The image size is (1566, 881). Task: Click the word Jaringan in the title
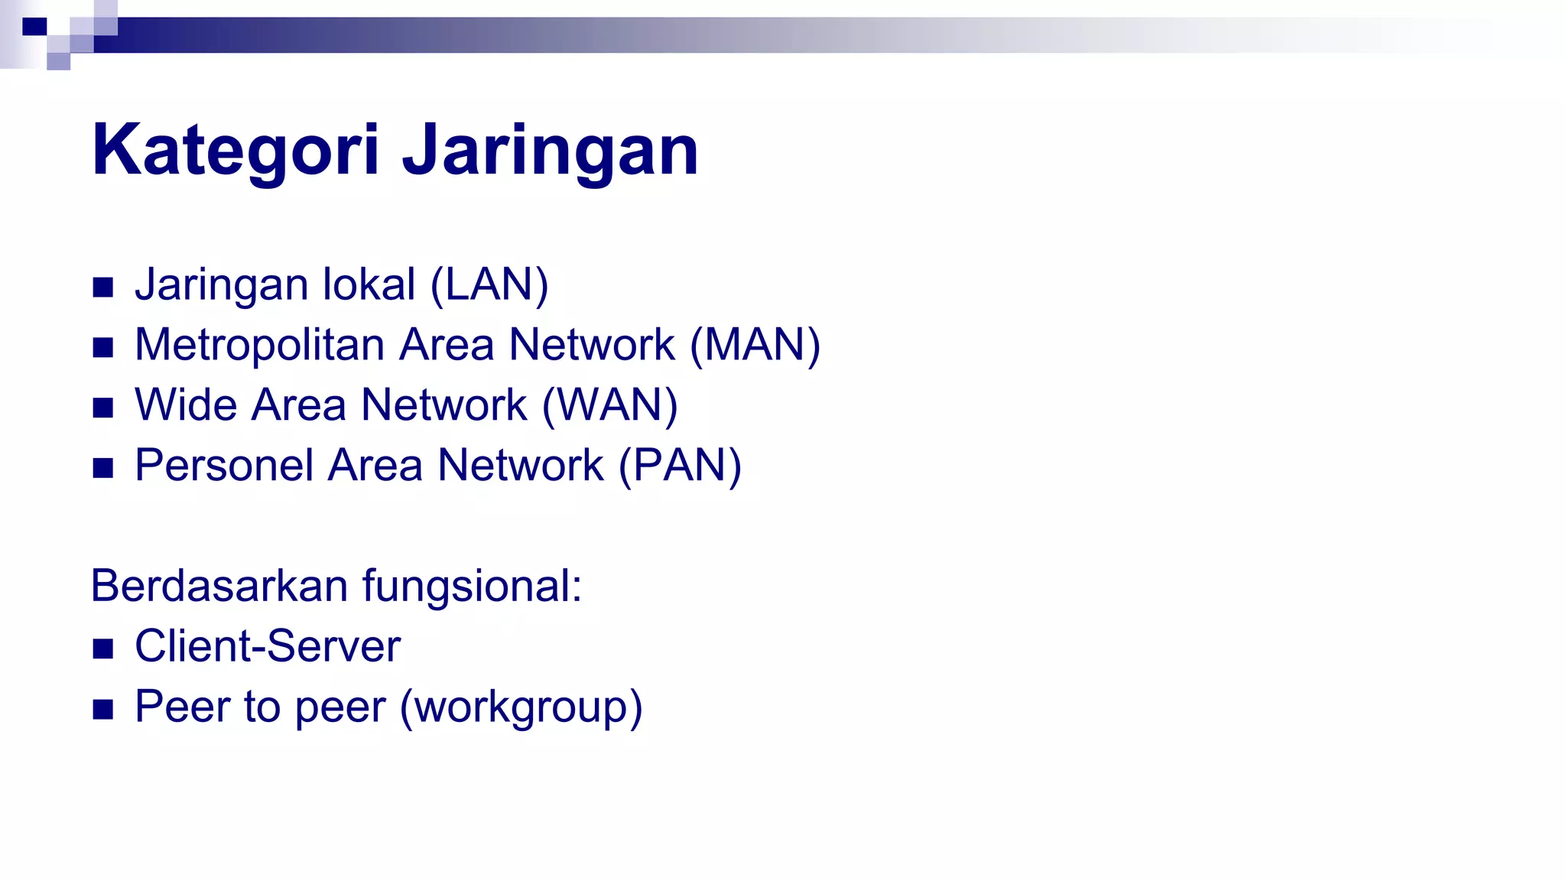551,150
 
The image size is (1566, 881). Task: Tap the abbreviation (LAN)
489,284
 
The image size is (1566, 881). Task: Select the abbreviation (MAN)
755,345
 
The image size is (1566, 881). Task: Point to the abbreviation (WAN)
609,405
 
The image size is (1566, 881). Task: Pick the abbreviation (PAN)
680,466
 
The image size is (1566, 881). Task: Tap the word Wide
186,405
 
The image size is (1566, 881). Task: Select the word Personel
224,466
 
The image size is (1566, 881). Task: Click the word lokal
369,284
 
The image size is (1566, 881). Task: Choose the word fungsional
472,586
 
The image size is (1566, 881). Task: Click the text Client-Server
268,646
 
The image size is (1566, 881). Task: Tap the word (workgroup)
521,707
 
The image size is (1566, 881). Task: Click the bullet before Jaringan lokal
102,288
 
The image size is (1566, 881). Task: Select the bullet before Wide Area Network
102,408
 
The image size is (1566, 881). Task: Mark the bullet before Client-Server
102,649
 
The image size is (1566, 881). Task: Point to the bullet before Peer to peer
102,710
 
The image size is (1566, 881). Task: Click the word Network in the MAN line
592,345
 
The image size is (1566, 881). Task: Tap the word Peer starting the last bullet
183,707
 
